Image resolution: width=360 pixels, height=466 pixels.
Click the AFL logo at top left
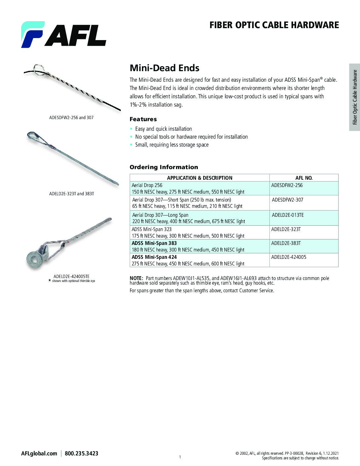(x=64, y=34)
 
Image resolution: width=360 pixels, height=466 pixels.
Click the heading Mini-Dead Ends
(x=164, y=68)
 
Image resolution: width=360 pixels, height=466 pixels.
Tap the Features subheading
(x=143, y=119)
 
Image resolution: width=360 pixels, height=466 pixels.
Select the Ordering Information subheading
(x=163, y=167)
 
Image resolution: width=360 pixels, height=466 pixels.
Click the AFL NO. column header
(x=304, y=178)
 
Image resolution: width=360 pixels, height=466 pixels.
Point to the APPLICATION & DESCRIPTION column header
(x=200, y=178)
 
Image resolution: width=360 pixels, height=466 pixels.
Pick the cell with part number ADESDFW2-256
(x=287, y=185)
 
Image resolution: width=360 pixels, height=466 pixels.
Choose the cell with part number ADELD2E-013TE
(x=288, y=215)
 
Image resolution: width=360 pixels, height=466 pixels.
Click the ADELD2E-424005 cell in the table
(x=289, y=257)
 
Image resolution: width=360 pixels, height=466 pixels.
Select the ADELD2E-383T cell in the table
(x=286, y=243)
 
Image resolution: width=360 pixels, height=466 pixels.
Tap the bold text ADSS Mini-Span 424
(x=154, y=257)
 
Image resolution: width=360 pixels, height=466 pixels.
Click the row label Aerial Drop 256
(x=147, y=185)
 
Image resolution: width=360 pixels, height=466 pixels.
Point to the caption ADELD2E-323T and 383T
(x=71, y=194)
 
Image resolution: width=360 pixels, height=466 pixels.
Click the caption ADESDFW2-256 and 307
(x=71, y=117)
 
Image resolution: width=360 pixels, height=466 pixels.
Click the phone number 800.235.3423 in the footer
(x=81, y=453)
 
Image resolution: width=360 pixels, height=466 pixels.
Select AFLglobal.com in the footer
(x=39, y=453)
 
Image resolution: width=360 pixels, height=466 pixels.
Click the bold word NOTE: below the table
(x=136, y=278)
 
